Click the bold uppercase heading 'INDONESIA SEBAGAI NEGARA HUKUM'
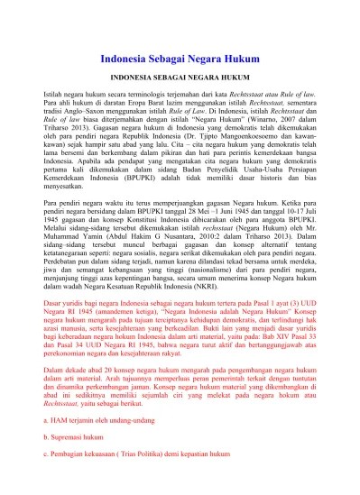180,78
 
